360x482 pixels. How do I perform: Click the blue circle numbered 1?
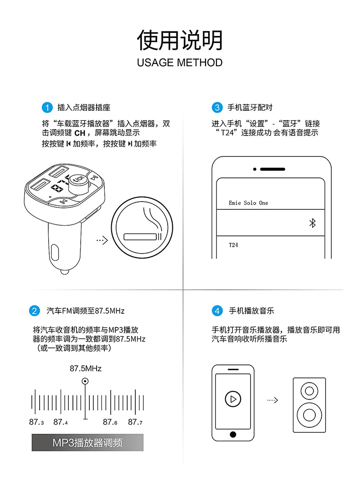pyautogui.click(x=47, y=108)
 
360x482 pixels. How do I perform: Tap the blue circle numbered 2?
pyautogui.click(x=34, y=311)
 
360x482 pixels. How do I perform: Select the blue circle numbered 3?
pyautogui.click(x=217, y=108)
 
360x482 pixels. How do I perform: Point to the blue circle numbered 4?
pyautogui.click(x=217, y=311)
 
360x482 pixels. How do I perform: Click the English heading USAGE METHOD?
pyautogui.click(x=180, y=63)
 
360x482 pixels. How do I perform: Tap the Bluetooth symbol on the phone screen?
pyautogui.click(x=313, y=223)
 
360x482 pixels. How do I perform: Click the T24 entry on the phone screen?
pyautogui.click(x=233, y=245)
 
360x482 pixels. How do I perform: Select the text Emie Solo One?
pyautogui.click(x=248, y=203)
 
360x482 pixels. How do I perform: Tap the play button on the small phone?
pyautogui.click(x=233, y=399)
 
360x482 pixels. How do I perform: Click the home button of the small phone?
pyautogui.click(x=233, y=435)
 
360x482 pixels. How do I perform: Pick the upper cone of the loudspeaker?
pyautogui.click(x=309, y=391)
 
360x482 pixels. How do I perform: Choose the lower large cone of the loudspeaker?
pyautogui.click(x=309, y=415)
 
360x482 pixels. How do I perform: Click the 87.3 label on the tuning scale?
pyautogui.click(x=36, y=422)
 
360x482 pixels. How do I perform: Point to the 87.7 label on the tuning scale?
pyautogui.click(x=135, y=422)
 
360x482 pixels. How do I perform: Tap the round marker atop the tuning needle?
pyautogui.click(x=85, y=381)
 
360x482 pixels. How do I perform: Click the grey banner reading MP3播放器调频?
pyautogui.click(x=87, y=443)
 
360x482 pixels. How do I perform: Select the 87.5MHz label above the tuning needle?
pyautogui.click(x=85, y=368)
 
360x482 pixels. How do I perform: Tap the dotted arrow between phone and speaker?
pyautogui.click(x=273, y=400)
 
